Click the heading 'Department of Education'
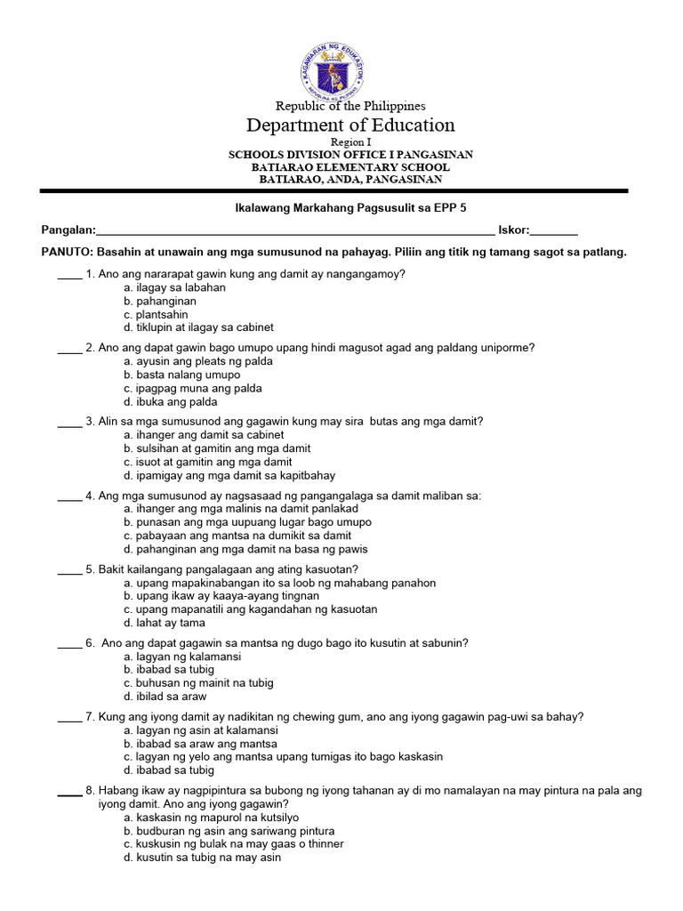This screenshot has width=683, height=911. pos(350,125)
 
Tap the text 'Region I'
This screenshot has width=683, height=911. pos(350,142)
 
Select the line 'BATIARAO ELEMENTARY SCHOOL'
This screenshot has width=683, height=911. pos(350,167)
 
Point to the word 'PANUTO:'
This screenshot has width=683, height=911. pos(67,252)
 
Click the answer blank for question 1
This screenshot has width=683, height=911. pos(69,275)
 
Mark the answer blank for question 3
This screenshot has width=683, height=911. pos(69,422)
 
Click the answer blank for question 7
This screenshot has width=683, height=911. pos(69,717)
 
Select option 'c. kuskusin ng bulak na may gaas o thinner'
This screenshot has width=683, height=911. pos(234,844)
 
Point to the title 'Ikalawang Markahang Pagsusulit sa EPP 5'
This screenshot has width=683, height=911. pos(343,207)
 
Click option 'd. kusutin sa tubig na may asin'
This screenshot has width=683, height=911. pos(204,858)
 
